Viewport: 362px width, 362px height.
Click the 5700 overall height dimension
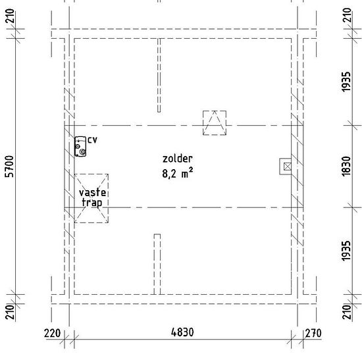(x=9, y=167)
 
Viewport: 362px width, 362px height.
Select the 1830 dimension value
(x=346, y=167)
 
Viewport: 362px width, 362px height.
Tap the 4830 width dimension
(x=182, y=332)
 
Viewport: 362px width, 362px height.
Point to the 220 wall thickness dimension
(x=53, y=334)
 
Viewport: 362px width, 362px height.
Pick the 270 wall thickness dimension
(x=313, y=334)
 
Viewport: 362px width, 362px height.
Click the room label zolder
(x=178, y=159)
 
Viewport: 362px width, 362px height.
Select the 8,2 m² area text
(x=178, y=173)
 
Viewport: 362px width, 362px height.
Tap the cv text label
(x=93, y=140)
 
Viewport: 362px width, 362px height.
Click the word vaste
(x=93, y=192)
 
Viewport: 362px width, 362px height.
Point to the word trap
(x=92, y=203)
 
